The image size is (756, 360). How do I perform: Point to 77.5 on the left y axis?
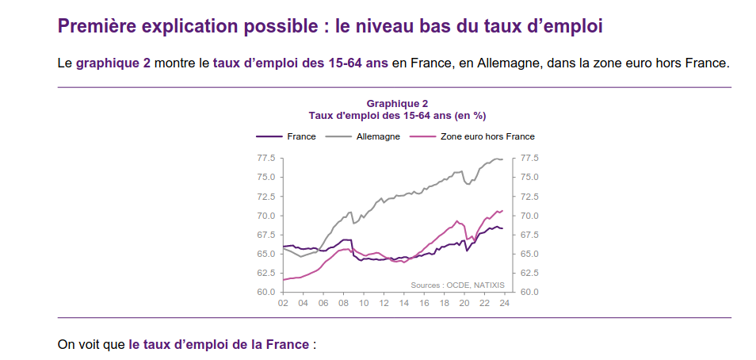click(x=265, y=158)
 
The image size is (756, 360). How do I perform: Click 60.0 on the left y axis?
click(x=265, y=292)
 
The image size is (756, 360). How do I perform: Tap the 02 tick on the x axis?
click(x=283, y=303)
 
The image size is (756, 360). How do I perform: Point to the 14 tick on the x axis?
click(x=404, y=303)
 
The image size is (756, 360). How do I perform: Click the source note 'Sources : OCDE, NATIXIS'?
click(x=457, y=284)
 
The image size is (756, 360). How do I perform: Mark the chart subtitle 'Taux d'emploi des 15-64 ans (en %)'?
click(x=397, y=115)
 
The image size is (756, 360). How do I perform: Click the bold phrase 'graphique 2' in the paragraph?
click(x=113, y=63)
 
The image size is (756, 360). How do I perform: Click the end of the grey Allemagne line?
click(x=502, y=160)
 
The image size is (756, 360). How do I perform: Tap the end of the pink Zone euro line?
click(x=502, y=210)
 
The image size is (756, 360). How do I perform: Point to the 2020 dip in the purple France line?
click(x=467, y=251)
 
